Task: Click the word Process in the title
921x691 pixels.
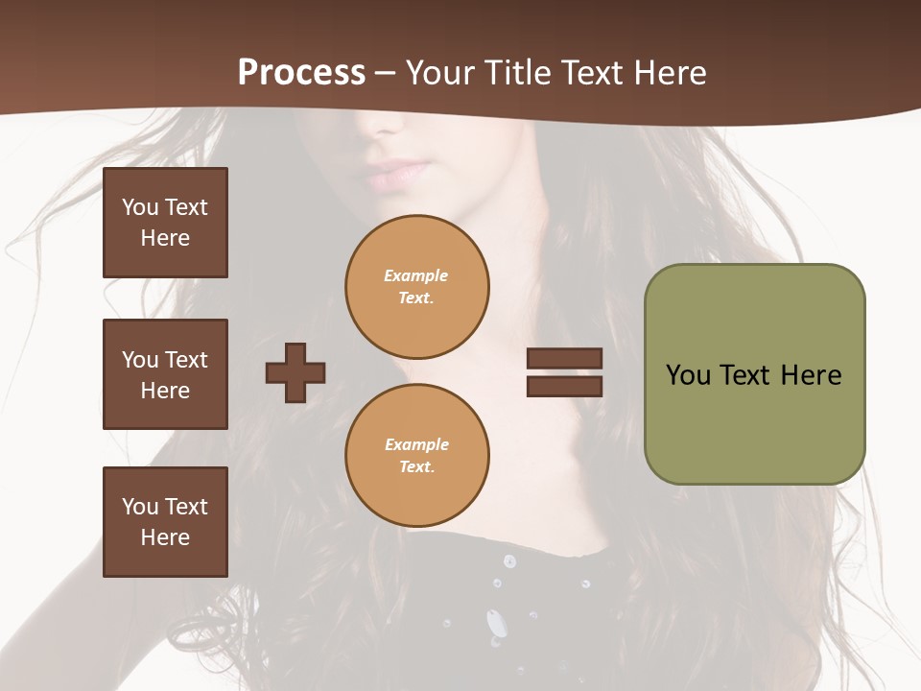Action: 301,72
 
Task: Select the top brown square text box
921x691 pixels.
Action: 165,223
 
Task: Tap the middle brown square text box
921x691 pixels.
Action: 165,374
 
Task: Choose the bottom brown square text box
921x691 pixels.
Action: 165,522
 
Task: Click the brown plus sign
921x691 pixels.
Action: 295,372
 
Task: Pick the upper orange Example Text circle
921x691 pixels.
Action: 416,286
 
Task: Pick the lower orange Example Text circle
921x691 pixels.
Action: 416,455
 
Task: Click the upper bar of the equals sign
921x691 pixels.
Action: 564,358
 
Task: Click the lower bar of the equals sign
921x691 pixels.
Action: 564,386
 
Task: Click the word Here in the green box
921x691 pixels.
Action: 811,375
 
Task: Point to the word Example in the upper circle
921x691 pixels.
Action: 416,275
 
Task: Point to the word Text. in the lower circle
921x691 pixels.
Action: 416,467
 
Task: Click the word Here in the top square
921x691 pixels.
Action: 165,238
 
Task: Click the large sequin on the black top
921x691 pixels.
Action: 496,624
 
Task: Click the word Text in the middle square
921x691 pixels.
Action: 185,360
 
